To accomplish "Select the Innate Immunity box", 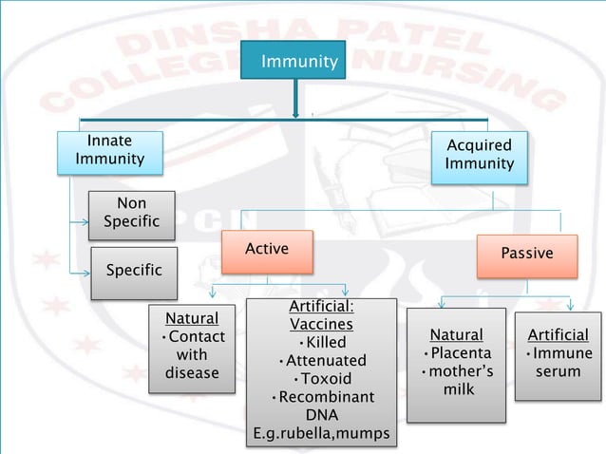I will click(x=110, y=150).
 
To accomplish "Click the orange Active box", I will click(x=267, y=250).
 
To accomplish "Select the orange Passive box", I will click(x=527, y=255).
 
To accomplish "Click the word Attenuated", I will click(x=322, y=361).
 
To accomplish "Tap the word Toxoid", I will click(x=322, y=379).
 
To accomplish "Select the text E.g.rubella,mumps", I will click(x=321, y=434).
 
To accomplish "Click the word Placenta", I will click(x=457, y=353).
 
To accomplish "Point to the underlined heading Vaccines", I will click(x=321, y=324).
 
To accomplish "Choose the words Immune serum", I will click(x=558, y=363).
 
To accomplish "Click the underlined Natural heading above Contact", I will click(x=192, y=318).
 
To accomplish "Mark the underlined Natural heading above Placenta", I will click(x=456, y=334).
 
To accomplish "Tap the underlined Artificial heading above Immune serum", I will click(x=558, y=334).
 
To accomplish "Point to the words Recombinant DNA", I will click(x=322, y=407).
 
